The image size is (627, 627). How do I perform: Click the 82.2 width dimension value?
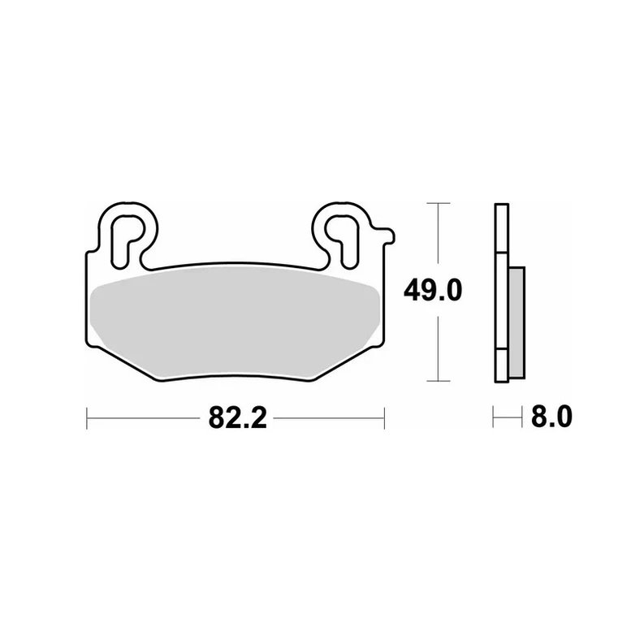(237, 418)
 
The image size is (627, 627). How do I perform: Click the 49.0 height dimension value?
(433, 290)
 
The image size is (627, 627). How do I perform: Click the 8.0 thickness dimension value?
(551, 417)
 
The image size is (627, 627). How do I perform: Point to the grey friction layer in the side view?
(517, 322)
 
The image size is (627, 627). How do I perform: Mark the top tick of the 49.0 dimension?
(439, 203)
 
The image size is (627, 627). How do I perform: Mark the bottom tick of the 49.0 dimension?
(439, 381)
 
